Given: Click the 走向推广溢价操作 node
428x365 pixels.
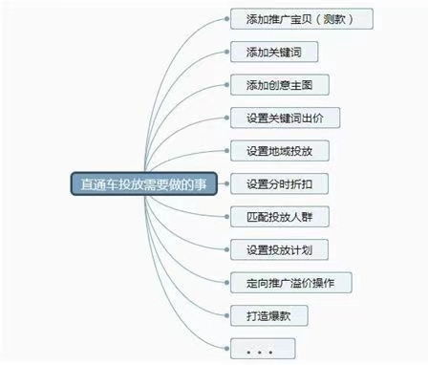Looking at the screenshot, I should (x=291, y=283).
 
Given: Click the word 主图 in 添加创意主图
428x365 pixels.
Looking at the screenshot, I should (x=311, y=84).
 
